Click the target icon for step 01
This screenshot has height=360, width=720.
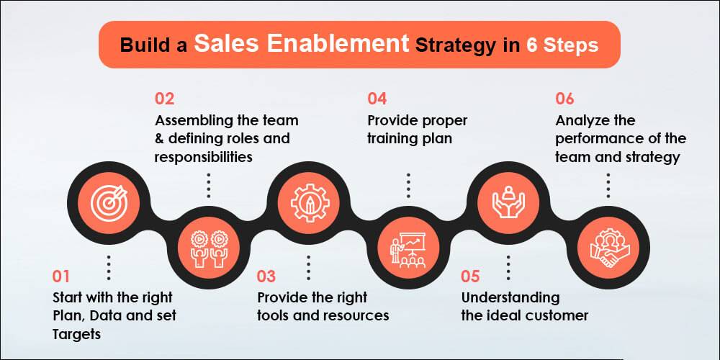pyautogui.click(x=109, y=202)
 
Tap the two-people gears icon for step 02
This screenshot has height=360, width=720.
pyautogui.click(x=210, y=248)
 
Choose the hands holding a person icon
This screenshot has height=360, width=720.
pyautogui.click(x=508, y=202)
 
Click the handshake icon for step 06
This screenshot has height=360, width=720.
pyautogui.click(x=608, y=248)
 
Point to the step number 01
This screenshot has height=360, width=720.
pyautogui.click(x=61, y=276)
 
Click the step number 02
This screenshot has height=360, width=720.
pyautogui.click(x=164, y=99)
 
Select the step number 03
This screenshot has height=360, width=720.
pyautogui.click(x=266, y=276)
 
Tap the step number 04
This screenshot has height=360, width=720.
pyautogui.click(x=377, y=99)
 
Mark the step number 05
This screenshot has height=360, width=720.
pyautogui.click(x=471, y=276)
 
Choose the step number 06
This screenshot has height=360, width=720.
pyautogui.click(x=564, y=99)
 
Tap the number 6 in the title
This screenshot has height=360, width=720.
pyautogui.click(x=532, y=45)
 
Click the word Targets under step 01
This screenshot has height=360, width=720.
pyautogui.click(x=77, y=334)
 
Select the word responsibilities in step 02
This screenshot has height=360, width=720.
pyautogui.click(x=204, y=158)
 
